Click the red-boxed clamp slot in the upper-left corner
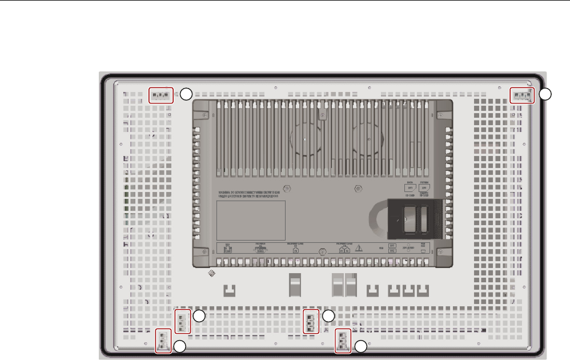[x=160, y=95]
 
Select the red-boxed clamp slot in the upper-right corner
[x=521, y=95]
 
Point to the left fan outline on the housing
[x=305, y=139]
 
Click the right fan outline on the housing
[x=366, y=139]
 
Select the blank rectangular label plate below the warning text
[x=250, y=220]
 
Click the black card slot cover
[x=416, y=218]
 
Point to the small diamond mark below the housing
[x=211, y=274]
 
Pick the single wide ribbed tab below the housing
[x=294, y=284]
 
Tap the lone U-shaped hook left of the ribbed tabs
[x=229, y=290]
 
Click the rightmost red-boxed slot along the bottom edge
[x=343, y=342]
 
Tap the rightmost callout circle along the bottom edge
[x=360, y=346]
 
